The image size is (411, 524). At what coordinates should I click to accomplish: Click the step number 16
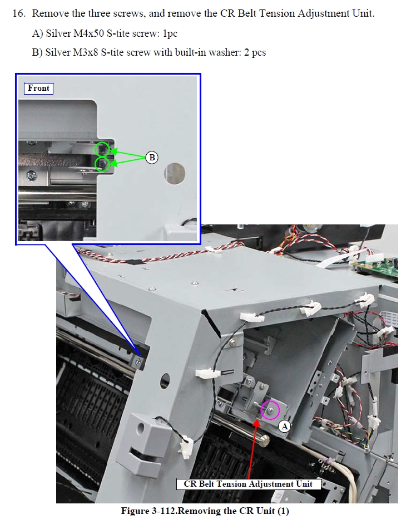click(x=19, y=13)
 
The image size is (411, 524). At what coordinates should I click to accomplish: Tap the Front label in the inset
click(x=39, y=88)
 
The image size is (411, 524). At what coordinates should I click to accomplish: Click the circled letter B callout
click(x=152, y=158)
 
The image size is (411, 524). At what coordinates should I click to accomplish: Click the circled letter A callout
click(x=284, y=427)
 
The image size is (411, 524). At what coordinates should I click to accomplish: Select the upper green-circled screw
click(x=102, y=149)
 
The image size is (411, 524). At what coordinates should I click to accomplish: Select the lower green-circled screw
click(x=102, y=164)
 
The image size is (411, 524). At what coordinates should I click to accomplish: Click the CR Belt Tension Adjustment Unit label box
click(x=248, y=484)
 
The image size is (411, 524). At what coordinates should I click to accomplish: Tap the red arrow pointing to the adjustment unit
click(x=252, y=448)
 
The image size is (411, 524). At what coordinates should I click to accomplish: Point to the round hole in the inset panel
click(x=174, y=173)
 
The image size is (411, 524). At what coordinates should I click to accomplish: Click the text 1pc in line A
click(x=170, y=33)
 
